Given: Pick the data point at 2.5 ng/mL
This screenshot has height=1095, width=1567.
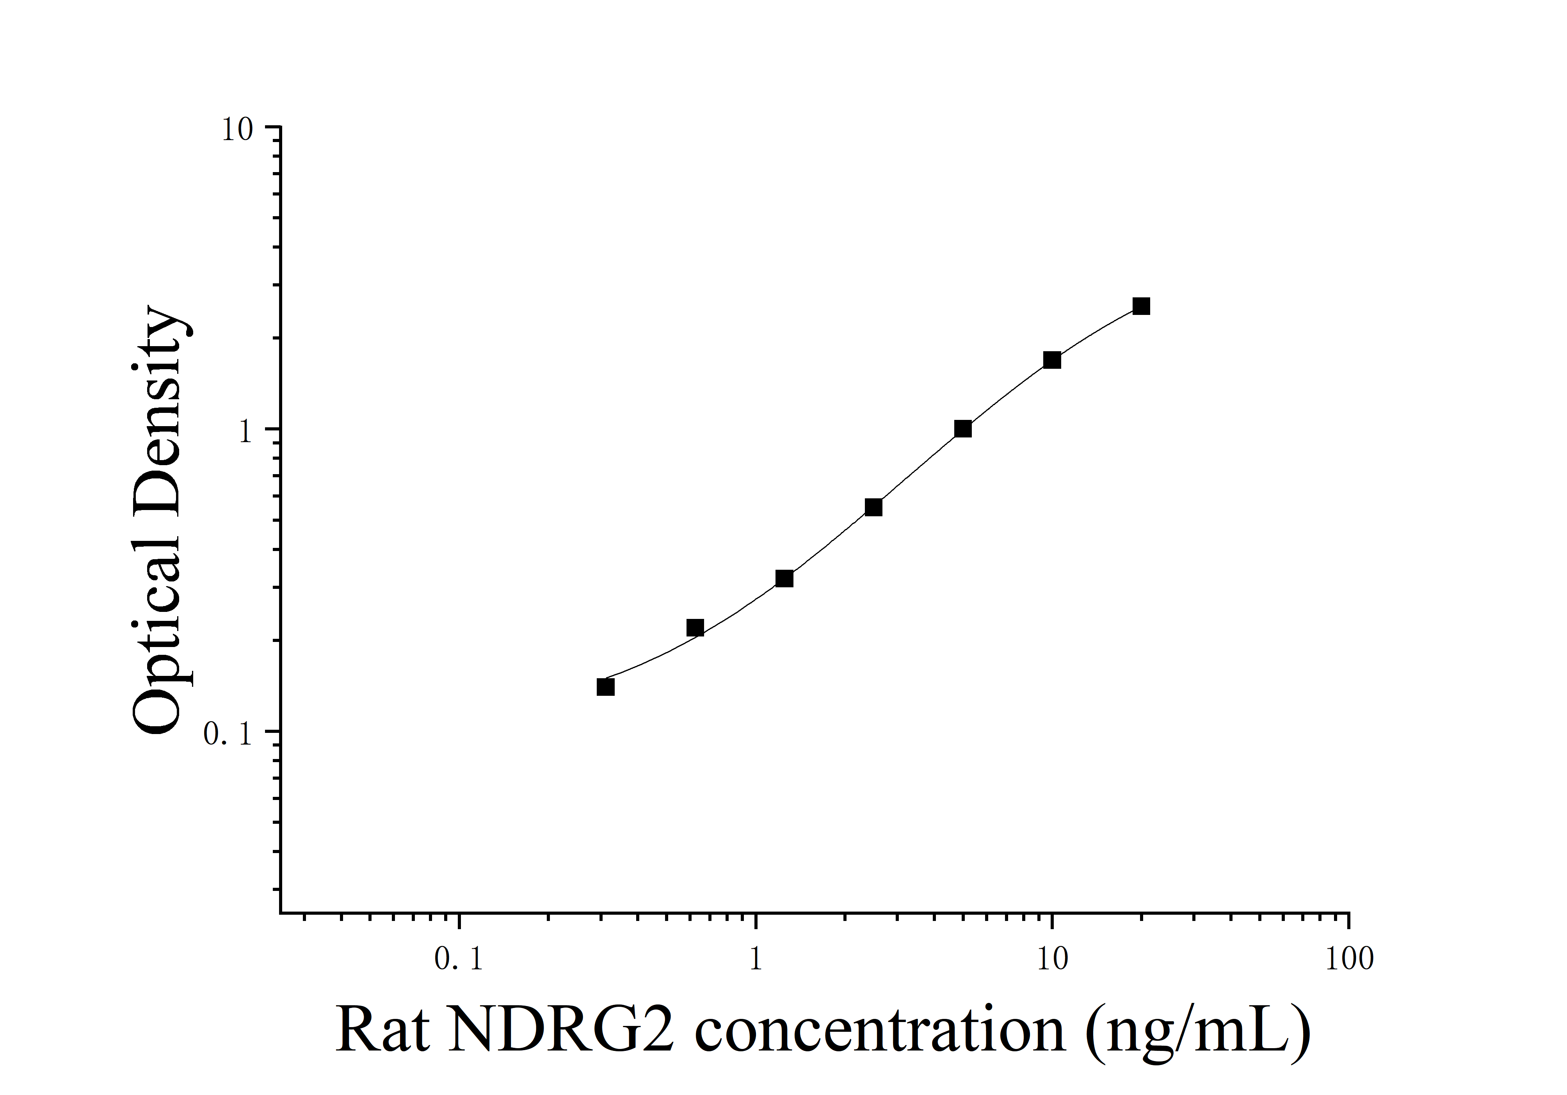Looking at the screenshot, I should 873,507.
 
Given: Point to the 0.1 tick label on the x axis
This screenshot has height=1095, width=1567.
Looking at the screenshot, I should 459,959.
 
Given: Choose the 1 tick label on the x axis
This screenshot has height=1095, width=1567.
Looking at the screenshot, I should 756,959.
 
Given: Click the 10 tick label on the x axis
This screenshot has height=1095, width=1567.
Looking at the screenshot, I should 1052,959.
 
